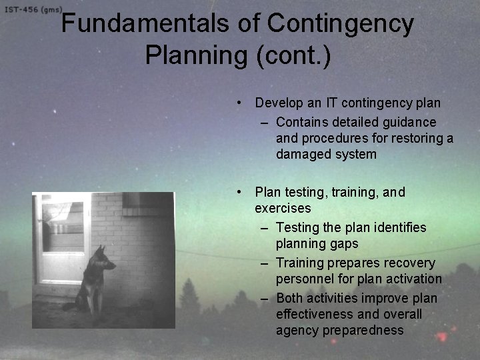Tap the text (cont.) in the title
pyautogui.click(x=293, y=55)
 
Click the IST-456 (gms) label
pyautogui.click(x=33, y=10)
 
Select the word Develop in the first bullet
pyautogui.click(x=280, y=103)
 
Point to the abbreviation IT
pyautogui.click(x=332, y=103)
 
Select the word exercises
pyautogui.click(x=283, y=208)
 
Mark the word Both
pyautogui.click(x=289, y=297)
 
